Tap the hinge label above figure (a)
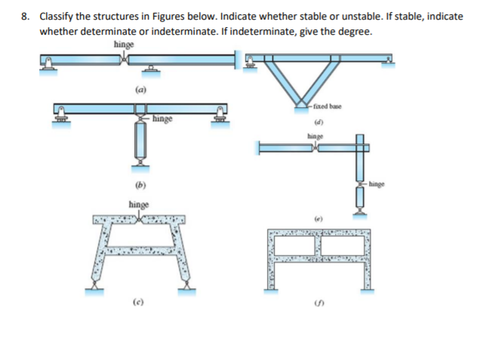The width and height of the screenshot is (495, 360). click(124, 45)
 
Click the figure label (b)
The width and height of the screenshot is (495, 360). click(140, 184)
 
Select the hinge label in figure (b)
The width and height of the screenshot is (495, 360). click(163, 118)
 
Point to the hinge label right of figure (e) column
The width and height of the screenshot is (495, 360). click(378, 183)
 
